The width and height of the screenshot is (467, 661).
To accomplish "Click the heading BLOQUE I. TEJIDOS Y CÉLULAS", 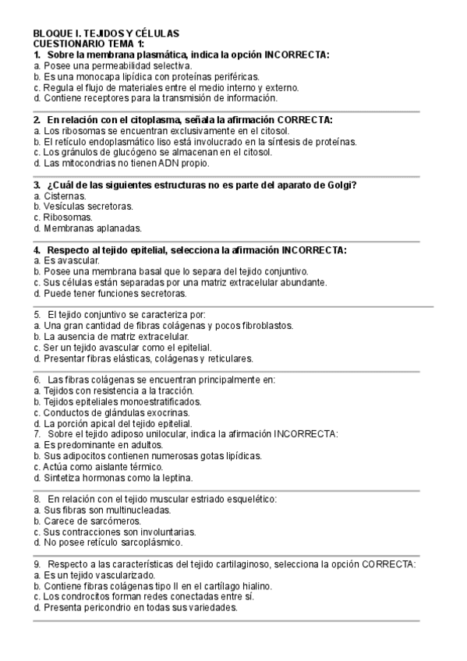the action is click(x=106, y=34).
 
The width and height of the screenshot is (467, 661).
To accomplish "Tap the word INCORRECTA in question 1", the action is click(x=297, y=55).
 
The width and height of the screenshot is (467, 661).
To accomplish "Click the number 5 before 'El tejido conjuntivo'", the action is click(x=37, y=314).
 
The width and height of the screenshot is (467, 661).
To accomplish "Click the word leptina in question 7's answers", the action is click(x=175, y=476).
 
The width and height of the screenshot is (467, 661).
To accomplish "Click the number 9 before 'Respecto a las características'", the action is click(x=37, y=563).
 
